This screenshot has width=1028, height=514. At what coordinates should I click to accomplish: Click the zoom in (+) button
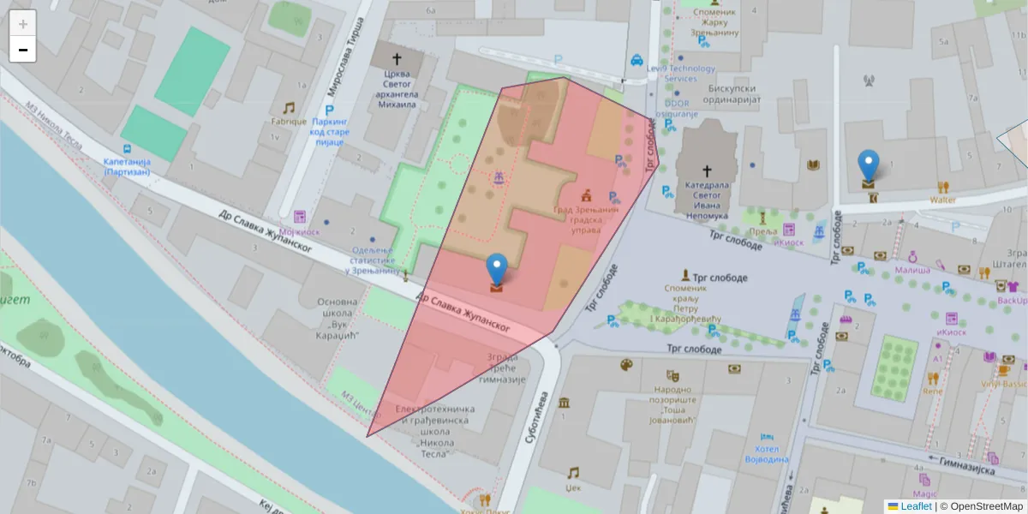tap(23, 24)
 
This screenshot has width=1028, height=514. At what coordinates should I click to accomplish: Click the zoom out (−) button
tap(23, 50)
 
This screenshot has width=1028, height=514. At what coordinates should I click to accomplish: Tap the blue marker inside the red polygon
tap(497, 270)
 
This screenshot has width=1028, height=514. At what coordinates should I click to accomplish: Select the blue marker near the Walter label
tap(869, 165)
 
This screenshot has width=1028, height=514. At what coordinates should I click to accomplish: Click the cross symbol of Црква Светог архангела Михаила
tap(397, 59)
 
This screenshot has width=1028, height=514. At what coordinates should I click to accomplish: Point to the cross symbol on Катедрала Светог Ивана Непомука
tap(707, 170)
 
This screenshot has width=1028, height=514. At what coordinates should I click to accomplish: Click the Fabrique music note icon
tap(289, 108)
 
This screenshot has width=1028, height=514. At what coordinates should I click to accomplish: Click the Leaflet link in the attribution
tap(915, 506)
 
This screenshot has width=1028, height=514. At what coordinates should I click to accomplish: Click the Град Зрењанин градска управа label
tap(585, 219)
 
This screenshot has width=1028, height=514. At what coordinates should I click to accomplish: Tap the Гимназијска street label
tap(965, 466)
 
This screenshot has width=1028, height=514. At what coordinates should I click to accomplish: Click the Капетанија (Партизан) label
tap(127, 167)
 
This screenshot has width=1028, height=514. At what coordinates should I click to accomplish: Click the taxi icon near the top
tap(637, 60)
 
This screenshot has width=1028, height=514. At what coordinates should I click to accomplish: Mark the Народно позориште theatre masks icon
tap(674, 374)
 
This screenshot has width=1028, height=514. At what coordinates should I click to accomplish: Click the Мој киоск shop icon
tap(299, 217)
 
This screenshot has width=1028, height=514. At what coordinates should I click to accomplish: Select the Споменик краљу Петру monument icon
tap(685, 275)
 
